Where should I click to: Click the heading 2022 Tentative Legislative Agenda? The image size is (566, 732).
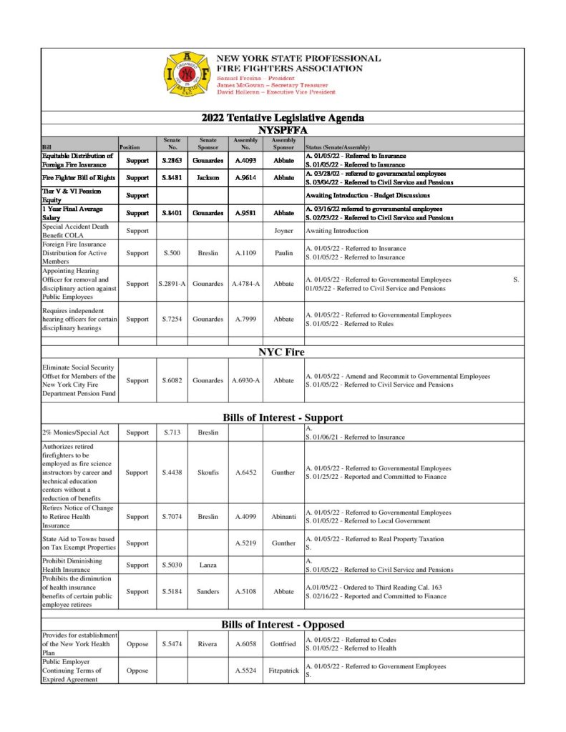pyautogui.click(x=283, y=118)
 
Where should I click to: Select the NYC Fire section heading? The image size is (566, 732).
pyautogui.click(x=283, y=352)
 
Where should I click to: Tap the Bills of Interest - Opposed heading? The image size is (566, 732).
pyautogui.click(x=283, y=624)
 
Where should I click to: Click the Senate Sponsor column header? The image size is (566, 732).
pyautogui.click(x=208, y=144)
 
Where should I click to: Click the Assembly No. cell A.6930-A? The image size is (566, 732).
pyautogui.click(x=245, y=380)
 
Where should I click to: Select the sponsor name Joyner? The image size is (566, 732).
pyautogui.click(x=284, y=231)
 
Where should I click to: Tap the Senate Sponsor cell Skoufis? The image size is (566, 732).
pyautogui.click(x=208, y=473)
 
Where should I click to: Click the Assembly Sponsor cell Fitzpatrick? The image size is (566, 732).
pyautogui.click(x=284, y=671)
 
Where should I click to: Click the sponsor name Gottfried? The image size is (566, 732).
pyautogui.click(x=284, y=644)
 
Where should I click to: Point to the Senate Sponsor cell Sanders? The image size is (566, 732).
pyautogui.click(x=208, y=592)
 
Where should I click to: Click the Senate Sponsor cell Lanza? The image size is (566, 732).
pyautogui.click(x=208, y=565)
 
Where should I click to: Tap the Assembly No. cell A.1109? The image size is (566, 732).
pyautogui.click(x=245, y=253)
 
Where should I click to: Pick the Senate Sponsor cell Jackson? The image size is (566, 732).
pyautogui.click(x=208, y=177)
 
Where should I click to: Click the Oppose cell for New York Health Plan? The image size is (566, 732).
pyautogui.click(x=137, y=644)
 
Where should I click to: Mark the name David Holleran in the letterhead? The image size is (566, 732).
pyautogui.click(x=236, y=92)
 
